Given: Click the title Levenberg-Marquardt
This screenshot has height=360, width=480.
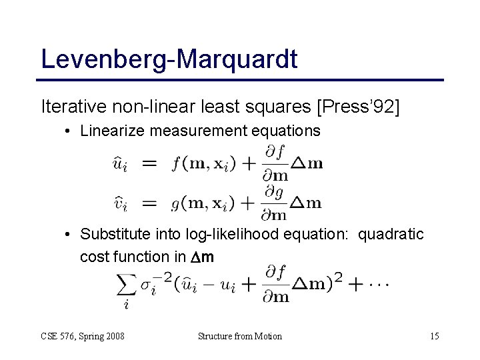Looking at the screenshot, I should pyautogui.click(x=169, y=58).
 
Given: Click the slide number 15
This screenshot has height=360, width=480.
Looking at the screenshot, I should pyautogui.click(x=434, y=336).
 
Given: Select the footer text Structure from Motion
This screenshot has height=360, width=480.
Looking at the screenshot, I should pyautogui.click(x=240, y=336).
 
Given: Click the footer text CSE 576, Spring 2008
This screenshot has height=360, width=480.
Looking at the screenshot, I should pyautogui.click(x=81, y=336).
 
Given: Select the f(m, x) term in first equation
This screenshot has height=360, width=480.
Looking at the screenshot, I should pyautogui.click(x=207, y=163).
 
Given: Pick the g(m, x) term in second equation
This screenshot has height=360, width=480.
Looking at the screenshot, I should pyautogui.click(x=207, y=203).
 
